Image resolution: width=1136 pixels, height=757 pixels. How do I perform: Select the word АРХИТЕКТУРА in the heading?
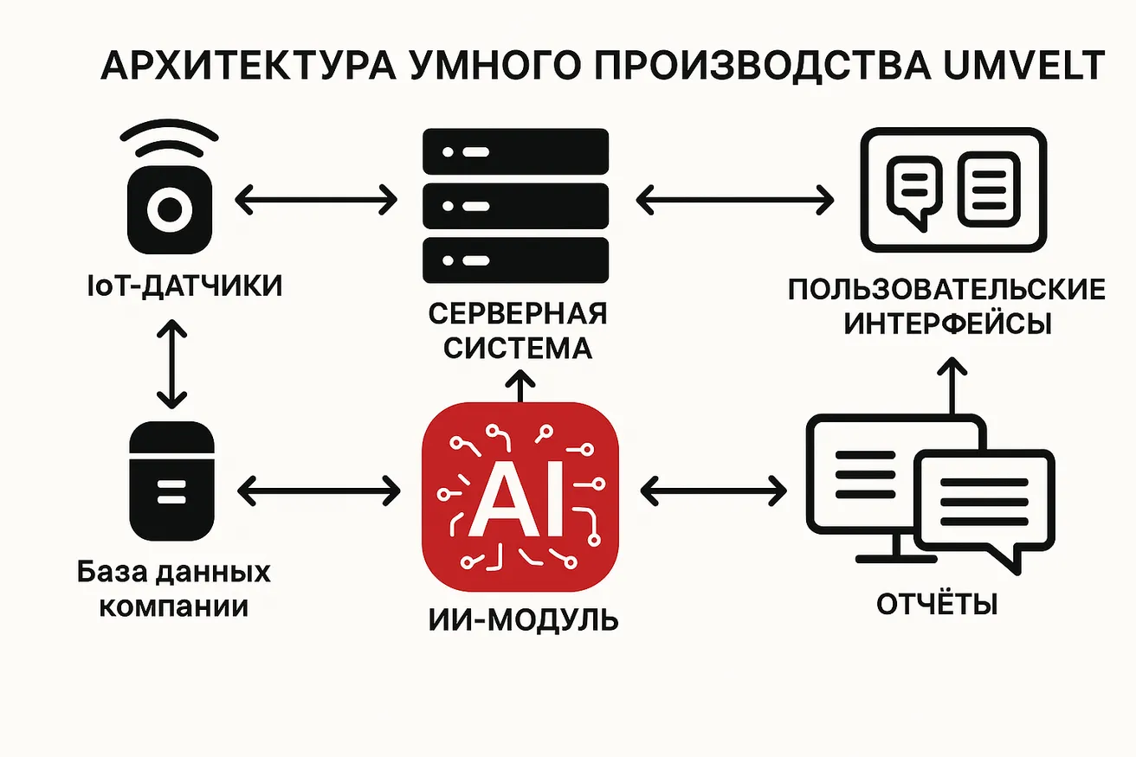tap(248, 66)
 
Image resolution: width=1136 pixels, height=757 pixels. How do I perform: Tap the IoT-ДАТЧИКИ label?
tap(184, 285)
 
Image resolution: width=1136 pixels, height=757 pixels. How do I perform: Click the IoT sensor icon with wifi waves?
tap(170, 187)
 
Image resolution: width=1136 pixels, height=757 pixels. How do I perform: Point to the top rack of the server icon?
tap(515, 151)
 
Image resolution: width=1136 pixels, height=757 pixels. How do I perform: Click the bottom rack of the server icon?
tap(515, 260)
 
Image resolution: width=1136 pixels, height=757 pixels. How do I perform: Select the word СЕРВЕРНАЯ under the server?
tap(517, 313)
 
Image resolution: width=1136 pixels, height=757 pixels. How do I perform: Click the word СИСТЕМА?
tap(518, 348)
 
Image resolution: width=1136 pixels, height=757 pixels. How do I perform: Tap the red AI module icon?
tap(520, 497)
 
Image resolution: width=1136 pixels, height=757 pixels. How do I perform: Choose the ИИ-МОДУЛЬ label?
tap(523, 619)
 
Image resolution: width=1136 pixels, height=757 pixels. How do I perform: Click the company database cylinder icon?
tap(172, 481)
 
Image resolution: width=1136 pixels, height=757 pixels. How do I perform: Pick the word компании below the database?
tap(173, 606)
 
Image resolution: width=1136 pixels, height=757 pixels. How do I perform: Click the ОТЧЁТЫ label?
tap(937, 604)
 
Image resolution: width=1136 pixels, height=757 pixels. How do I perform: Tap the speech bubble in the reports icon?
tap(986, 507)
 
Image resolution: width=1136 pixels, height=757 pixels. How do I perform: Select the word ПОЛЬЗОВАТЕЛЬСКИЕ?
tap(947, 290)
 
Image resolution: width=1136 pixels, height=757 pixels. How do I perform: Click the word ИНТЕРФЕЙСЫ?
tap(947, 324)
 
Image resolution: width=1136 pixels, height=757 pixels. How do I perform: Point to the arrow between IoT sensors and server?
tap(316, 200)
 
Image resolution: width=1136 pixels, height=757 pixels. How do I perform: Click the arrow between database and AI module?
tap(319, 491)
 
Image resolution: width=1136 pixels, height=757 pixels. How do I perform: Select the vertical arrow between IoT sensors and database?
tap(172, 364)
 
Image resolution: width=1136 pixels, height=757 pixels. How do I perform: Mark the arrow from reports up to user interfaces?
tap(952, 386)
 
